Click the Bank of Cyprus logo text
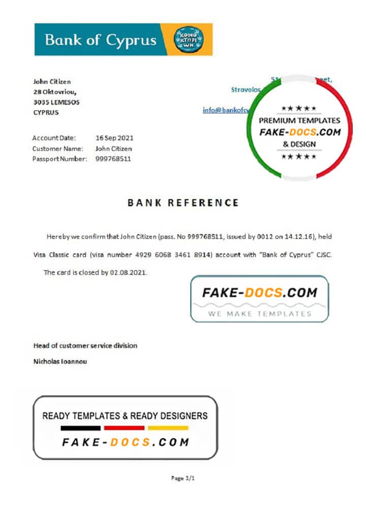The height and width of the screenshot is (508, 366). tap(101, 40)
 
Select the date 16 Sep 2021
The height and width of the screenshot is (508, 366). tap(115, 138)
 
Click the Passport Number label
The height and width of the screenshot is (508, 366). tap(60, 159)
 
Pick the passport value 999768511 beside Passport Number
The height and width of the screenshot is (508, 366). tap(113, 159)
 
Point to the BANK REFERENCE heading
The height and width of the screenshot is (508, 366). tap(183, 203)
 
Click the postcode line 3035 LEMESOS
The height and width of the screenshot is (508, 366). tap(56, 102)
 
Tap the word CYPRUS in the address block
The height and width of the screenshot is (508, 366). tap(46, 113)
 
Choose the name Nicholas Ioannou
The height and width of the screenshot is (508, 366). tap(60, 362)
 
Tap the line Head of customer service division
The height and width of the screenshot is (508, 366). tap(85, 346)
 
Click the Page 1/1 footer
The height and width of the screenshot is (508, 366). tap(183, 478)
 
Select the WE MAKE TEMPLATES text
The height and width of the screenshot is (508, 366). tap(259, 313)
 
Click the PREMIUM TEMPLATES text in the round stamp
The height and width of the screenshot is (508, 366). tap(299, 121)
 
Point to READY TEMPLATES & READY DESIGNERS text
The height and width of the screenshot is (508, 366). tap(125, 416)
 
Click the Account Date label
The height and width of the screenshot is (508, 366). tap(54, 138)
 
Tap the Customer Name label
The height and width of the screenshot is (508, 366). tap(57, 149)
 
